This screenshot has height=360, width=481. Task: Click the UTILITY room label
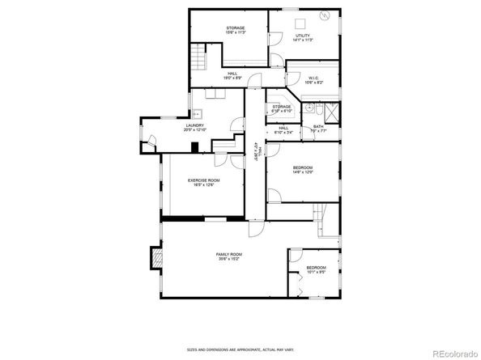(302, 36)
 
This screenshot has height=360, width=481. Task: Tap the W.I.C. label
(314, 78)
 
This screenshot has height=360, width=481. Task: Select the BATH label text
(318, 126)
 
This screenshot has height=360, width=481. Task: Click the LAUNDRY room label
(194, 125)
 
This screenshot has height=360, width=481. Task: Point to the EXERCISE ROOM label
(203, 180)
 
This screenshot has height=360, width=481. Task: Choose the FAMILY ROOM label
(229, 255)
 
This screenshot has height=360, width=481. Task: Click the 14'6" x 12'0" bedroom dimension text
(302, 172)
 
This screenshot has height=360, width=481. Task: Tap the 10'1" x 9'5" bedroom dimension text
(316, 272)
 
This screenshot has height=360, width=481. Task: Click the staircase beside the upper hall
(198, 58)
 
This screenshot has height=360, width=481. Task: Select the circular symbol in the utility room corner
(326, 15)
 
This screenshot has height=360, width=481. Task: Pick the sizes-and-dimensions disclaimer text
(240, 350)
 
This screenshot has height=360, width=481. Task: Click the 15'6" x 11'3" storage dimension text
(236, 33)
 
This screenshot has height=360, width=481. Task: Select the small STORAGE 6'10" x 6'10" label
(281, 108)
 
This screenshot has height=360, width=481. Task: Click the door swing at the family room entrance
(256, 229)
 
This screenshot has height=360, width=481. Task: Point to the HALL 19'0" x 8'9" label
(232, 76)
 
